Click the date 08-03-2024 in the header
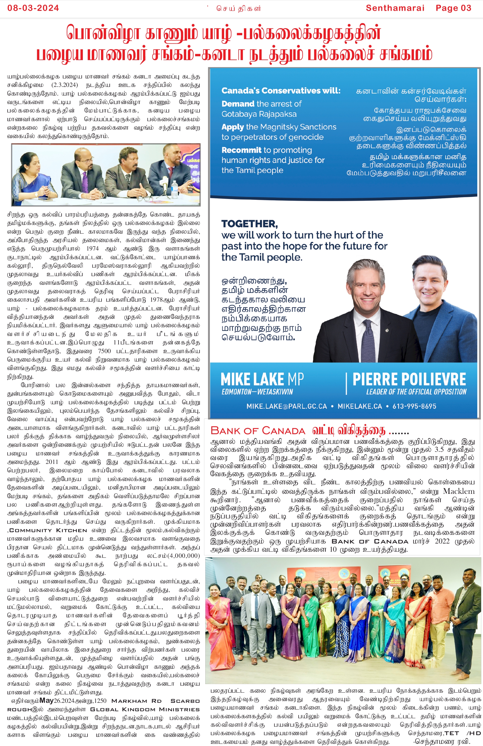pos(33,8)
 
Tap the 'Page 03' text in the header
pos(453,8)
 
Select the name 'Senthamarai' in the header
pos(395,8)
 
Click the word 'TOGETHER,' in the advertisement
pos(249,224)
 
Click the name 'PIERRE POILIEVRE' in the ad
pos(409,379)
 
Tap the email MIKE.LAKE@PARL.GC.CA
pos(286,406)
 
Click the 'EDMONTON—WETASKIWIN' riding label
pos(257,392)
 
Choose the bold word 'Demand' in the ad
pos(238,104)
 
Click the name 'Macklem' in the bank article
pos(459,491)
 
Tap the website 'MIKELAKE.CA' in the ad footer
pos(360,406)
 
